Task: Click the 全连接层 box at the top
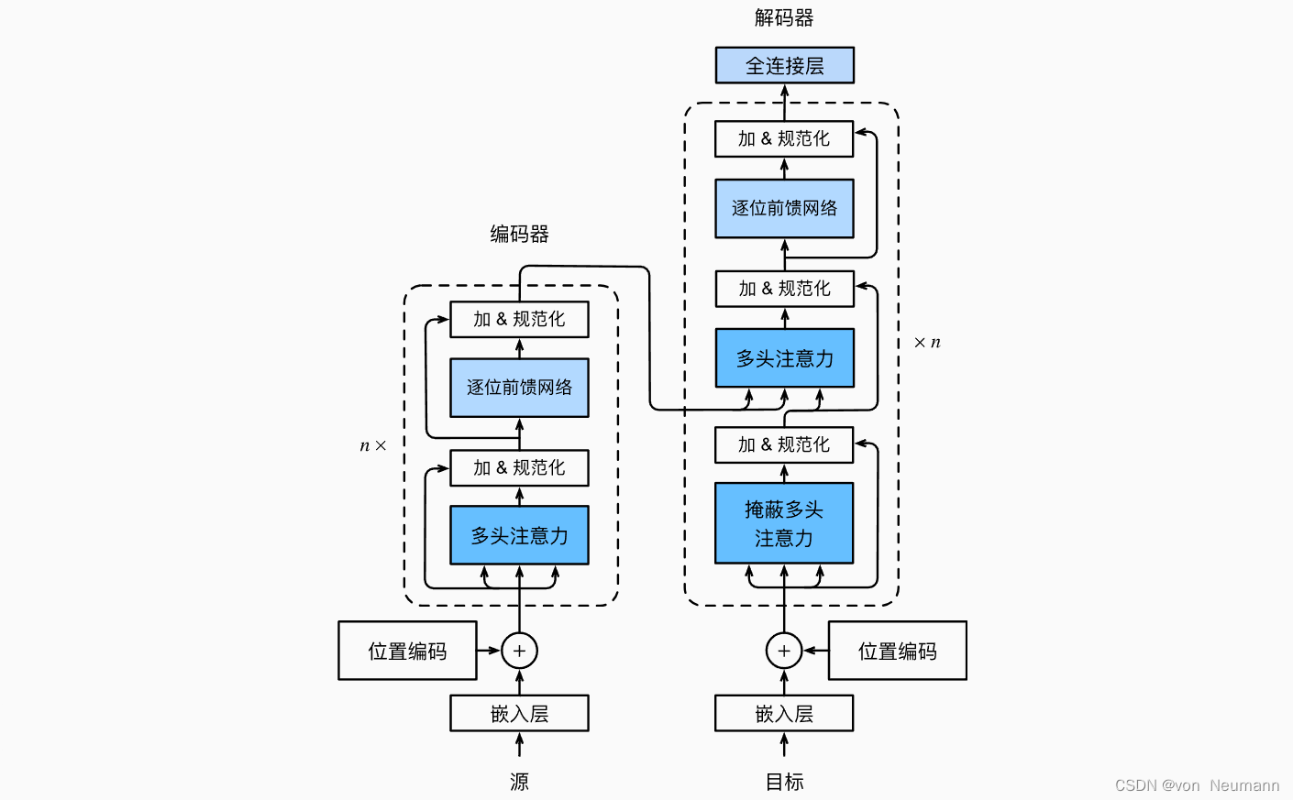[x=784, y=65]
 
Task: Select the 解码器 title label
[x=784, y=18]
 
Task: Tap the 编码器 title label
[x=519, y=235]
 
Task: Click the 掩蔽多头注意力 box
[x=784, y=523]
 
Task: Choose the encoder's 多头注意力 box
[x=519, y=535]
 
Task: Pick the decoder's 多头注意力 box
[x=784, y=358]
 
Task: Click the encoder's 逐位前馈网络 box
[x=519, y=388]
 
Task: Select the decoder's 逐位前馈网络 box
[x=784, y=208]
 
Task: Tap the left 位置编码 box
[x=407, y=651]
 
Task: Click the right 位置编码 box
[x=897, y=651]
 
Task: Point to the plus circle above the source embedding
[x=519, y=651]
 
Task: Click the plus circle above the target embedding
[x=784, y=651]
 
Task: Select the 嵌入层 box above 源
[x=519, y=713]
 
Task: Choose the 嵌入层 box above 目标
[x=784, y=713]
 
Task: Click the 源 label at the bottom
[x=519, y=782]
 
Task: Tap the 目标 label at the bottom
[x=784, y=782]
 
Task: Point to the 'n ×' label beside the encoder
[x=373, y=445]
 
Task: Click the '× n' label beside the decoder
[x=927, y=343]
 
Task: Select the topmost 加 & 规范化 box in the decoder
[x=784, y=138]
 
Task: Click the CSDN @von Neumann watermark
[x=1197, y=785]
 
